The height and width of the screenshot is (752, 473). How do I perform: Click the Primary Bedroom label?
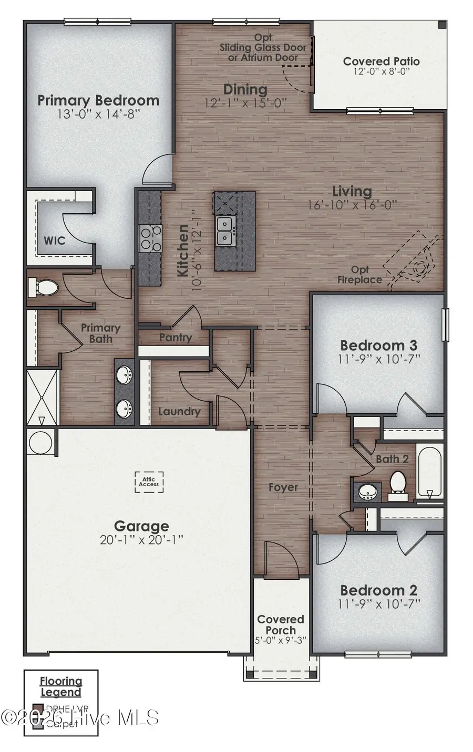point(98,100)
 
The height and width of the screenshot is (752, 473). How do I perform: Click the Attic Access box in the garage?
point(149,481)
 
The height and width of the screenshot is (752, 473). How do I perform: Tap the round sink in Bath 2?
point(366,492)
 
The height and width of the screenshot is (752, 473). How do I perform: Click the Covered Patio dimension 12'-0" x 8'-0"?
point(381,72)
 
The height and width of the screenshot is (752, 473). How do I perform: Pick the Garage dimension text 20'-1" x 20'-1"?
point(141,539)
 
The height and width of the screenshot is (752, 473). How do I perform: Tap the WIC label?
point(54,241)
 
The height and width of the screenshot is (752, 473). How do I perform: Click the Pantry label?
point(175,337)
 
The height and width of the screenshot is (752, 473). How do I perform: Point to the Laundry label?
point(179,411)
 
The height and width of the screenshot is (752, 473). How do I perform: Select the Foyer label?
point(283,487)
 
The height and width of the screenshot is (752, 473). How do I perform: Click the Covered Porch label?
point(281,624)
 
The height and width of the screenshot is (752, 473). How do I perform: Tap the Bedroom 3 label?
point(378,345)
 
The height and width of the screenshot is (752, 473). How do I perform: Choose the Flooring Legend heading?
point(61,686)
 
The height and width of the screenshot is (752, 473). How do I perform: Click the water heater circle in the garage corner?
point(40,442)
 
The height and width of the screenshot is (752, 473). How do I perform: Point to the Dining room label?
point(245,89)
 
